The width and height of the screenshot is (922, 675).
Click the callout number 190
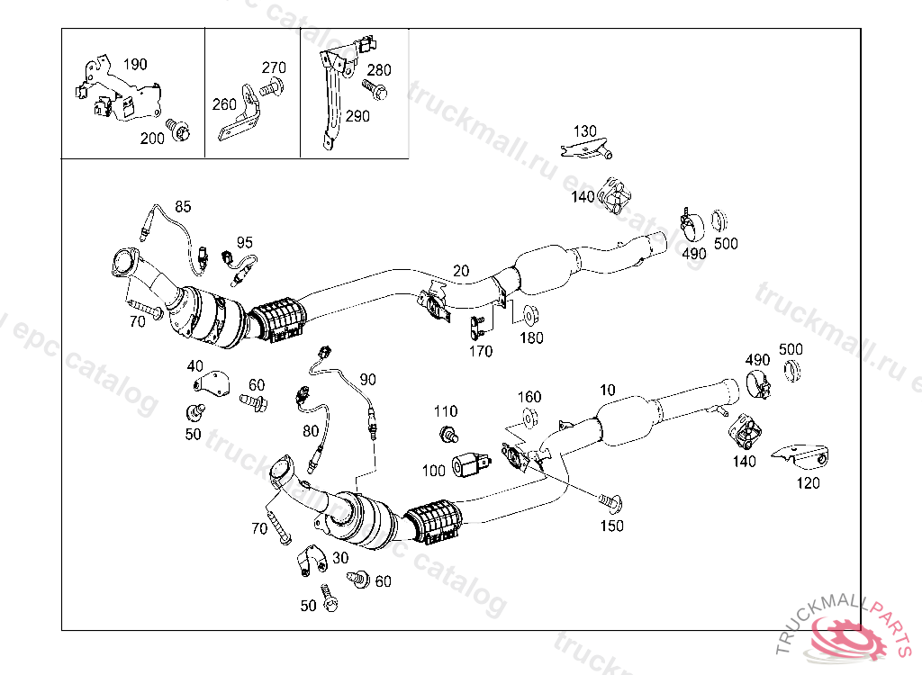(x=134, y=65)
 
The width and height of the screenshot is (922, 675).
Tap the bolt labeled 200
(x=184, y=133)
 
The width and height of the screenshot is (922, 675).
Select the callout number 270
(x=274, y=68)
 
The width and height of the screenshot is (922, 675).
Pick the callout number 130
(x=584, y=131)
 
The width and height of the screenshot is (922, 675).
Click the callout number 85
(x=183, y=206)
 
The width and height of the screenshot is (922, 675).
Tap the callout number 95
(x=245, y=242)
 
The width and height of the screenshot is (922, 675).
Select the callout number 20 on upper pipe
(x=461, y=271)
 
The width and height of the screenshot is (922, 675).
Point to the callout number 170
(x=481, y=352)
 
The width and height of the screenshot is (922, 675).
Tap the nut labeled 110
(x=447, y=436)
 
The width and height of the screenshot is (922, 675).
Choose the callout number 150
(x=611, y=526)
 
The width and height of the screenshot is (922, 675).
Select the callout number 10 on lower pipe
(x=608, y=391)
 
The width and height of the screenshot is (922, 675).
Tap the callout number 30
(x=339, y=558)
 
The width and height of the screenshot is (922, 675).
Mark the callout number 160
(x=529, y=397)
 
